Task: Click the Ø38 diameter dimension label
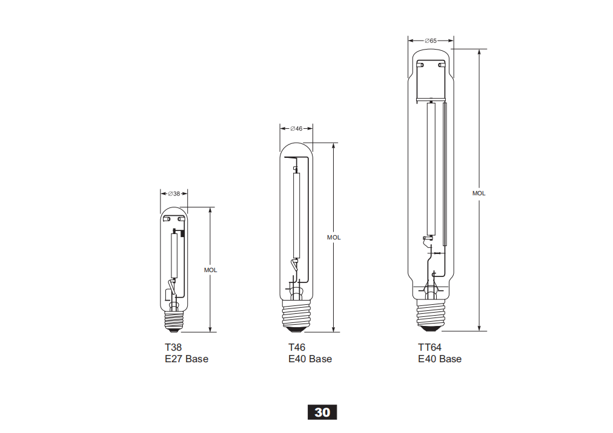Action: pyautogui.click(x=174, y=194)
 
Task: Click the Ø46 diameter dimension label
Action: pyautogui.click(x=296, y=128)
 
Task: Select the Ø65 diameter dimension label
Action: pyautogui.click(x=431, y=41)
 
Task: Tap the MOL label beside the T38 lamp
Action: pyautogui.click(x=210, y=270)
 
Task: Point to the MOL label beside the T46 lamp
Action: pyautogui.click(x=334, y=238)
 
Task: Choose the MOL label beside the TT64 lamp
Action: pyautogui.click(x=479, y=194)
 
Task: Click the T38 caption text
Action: pyautogui.click(x=173, y=347)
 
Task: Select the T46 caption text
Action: pyautogui.click(x=297, y=347)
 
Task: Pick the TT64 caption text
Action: pyautogui.click(x=429, y=347)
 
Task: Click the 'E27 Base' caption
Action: pyautogui.click(x=187, y=359)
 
